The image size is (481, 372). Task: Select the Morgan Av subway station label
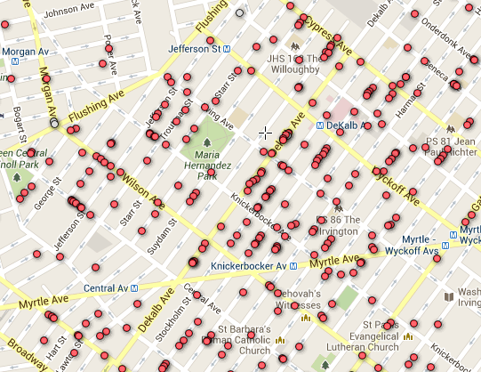[x=23, y=52]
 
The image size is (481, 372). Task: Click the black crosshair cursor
[x=265, y=133]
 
